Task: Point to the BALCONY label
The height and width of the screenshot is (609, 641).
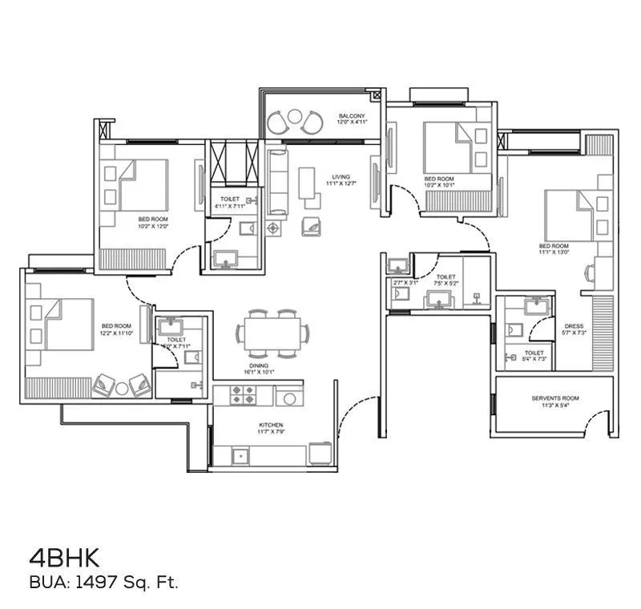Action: point(351,116)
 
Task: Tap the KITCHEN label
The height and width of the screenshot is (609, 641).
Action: point(271,425)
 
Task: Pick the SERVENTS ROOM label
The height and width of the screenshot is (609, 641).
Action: point(555,398)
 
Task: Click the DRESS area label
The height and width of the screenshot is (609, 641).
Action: point(574,325)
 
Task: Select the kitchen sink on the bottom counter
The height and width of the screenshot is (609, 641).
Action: point(240,455)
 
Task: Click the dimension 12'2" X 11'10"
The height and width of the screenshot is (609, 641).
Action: point(115,333)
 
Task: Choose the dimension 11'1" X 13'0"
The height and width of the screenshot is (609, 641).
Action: point(554,252)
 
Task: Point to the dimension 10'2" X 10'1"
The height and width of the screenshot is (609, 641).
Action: point(439,184)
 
